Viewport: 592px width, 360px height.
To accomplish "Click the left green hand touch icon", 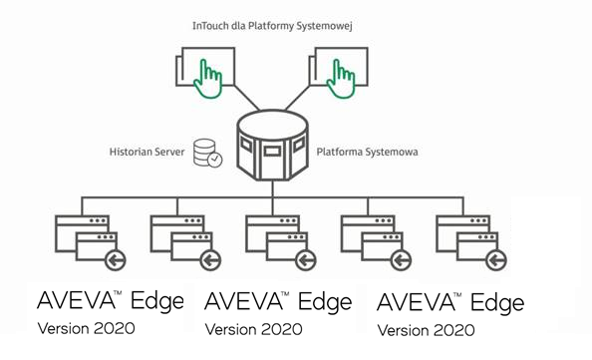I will (208, 79).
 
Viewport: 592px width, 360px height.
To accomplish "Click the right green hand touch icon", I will (342, 79).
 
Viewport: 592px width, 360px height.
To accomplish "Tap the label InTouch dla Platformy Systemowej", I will (274, 23).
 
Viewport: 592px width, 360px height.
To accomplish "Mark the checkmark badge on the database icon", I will (215, 159).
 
